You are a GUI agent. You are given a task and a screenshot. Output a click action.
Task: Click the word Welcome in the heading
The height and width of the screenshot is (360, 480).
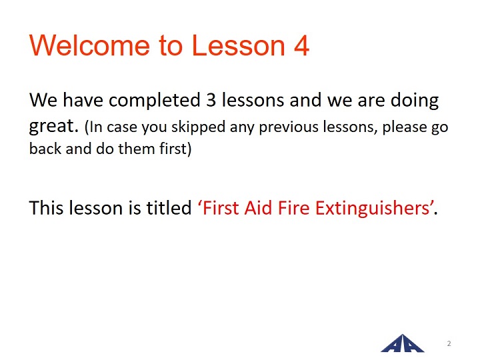click(89, 45)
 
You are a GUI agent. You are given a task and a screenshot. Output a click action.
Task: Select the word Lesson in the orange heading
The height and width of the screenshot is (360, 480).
click(238, 45)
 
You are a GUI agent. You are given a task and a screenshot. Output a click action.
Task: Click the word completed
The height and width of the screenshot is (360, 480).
click(155, 101)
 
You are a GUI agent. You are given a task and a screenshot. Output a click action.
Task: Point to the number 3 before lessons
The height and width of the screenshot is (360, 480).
click(211, 100)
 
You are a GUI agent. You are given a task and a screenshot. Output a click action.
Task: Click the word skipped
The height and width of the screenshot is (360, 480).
click(198, 127)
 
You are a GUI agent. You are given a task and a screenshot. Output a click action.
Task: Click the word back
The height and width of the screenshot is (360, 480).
click(45, 149)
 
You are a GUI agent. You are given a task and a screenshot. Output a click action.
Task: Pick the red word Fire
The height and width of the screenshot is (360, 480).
click(294, 208)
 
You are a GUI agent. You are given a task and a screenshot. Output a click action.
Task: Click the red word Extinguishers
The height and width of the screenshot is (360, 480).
click(373, 209)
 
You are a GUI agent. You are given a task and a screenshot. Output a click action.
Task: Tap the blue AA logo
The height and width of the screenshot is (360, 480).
click(403, 343)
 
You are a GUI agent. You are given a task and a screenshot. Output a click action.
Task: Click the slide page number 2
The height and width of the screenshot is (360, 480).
click(449, 343)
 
